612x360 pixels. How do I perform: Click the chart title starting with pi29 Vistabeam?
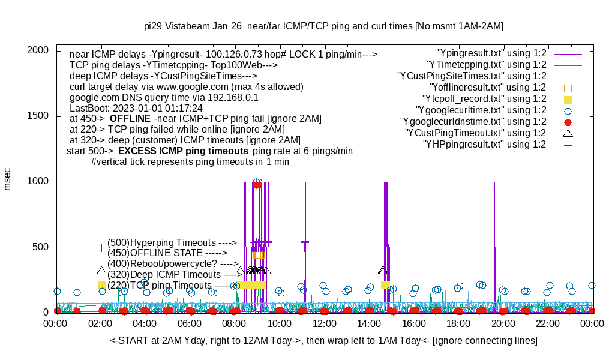[323, 26]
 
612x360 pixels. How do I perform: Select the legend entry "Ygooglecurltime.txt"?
[481, 110]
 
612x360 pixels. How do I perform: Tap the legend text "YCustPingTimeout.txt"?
[475, 133]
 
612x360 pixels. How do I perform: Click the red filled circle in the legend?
[568, 122]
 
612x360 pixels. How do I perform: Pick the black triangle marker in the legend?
[568, 133]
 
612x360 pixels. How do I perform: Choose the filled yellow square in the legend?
[568, 99]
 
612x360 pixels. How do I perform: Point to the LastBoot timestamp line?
[136, 108]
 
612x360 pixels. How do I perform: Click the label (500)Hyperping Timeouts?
[172, 243]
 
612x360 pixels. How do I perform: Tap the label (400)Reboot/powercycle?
[173, 264]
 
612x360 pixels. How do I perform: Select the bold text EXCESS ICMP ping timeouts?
[183, 151]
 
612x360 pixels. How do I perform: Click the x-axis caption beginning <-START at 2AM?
[323, 341]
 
